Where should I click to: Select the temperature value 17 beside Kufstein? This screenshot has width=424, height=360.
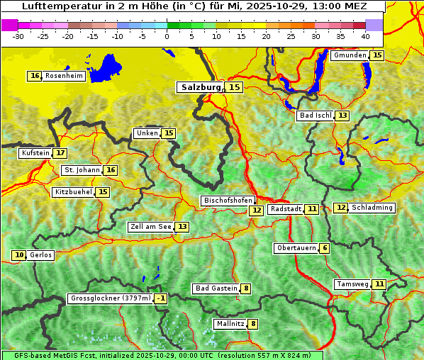(60, 152)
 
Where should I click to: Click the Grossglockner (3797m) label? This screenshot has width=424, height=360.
(111, 298)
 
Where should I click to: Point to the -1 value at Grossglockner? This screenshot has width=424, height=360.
(161, 298)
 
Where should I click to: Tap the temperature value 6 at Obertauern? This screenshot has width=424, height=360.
(324, 248)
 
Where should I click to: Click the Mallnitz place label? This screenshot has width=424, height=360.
(230, 324)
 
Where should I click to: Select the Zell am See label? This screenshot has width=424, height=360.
(150, 227)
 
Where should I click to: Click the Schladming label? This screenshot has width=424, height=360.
(372, 208)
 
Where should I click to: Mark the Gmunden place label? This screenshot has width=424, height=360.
(350, 55)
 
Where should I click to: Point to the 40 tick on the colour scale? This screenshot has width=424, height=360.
(364, 36)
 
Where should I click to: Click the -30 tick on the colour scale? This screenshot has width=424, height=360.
(18, 36)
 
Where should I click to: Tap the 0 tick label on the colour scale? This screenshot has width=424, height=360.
(167, 36)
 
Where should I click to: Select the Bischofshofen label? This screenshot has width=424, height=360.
(227, 201)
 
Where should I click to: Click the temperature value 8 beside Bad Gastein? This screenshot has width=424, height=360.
(245, 288)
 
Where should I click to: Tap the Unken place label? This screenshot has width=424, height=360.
(147, 133)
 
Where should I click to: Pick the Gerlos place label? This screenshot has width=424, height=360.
(41, 255)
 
